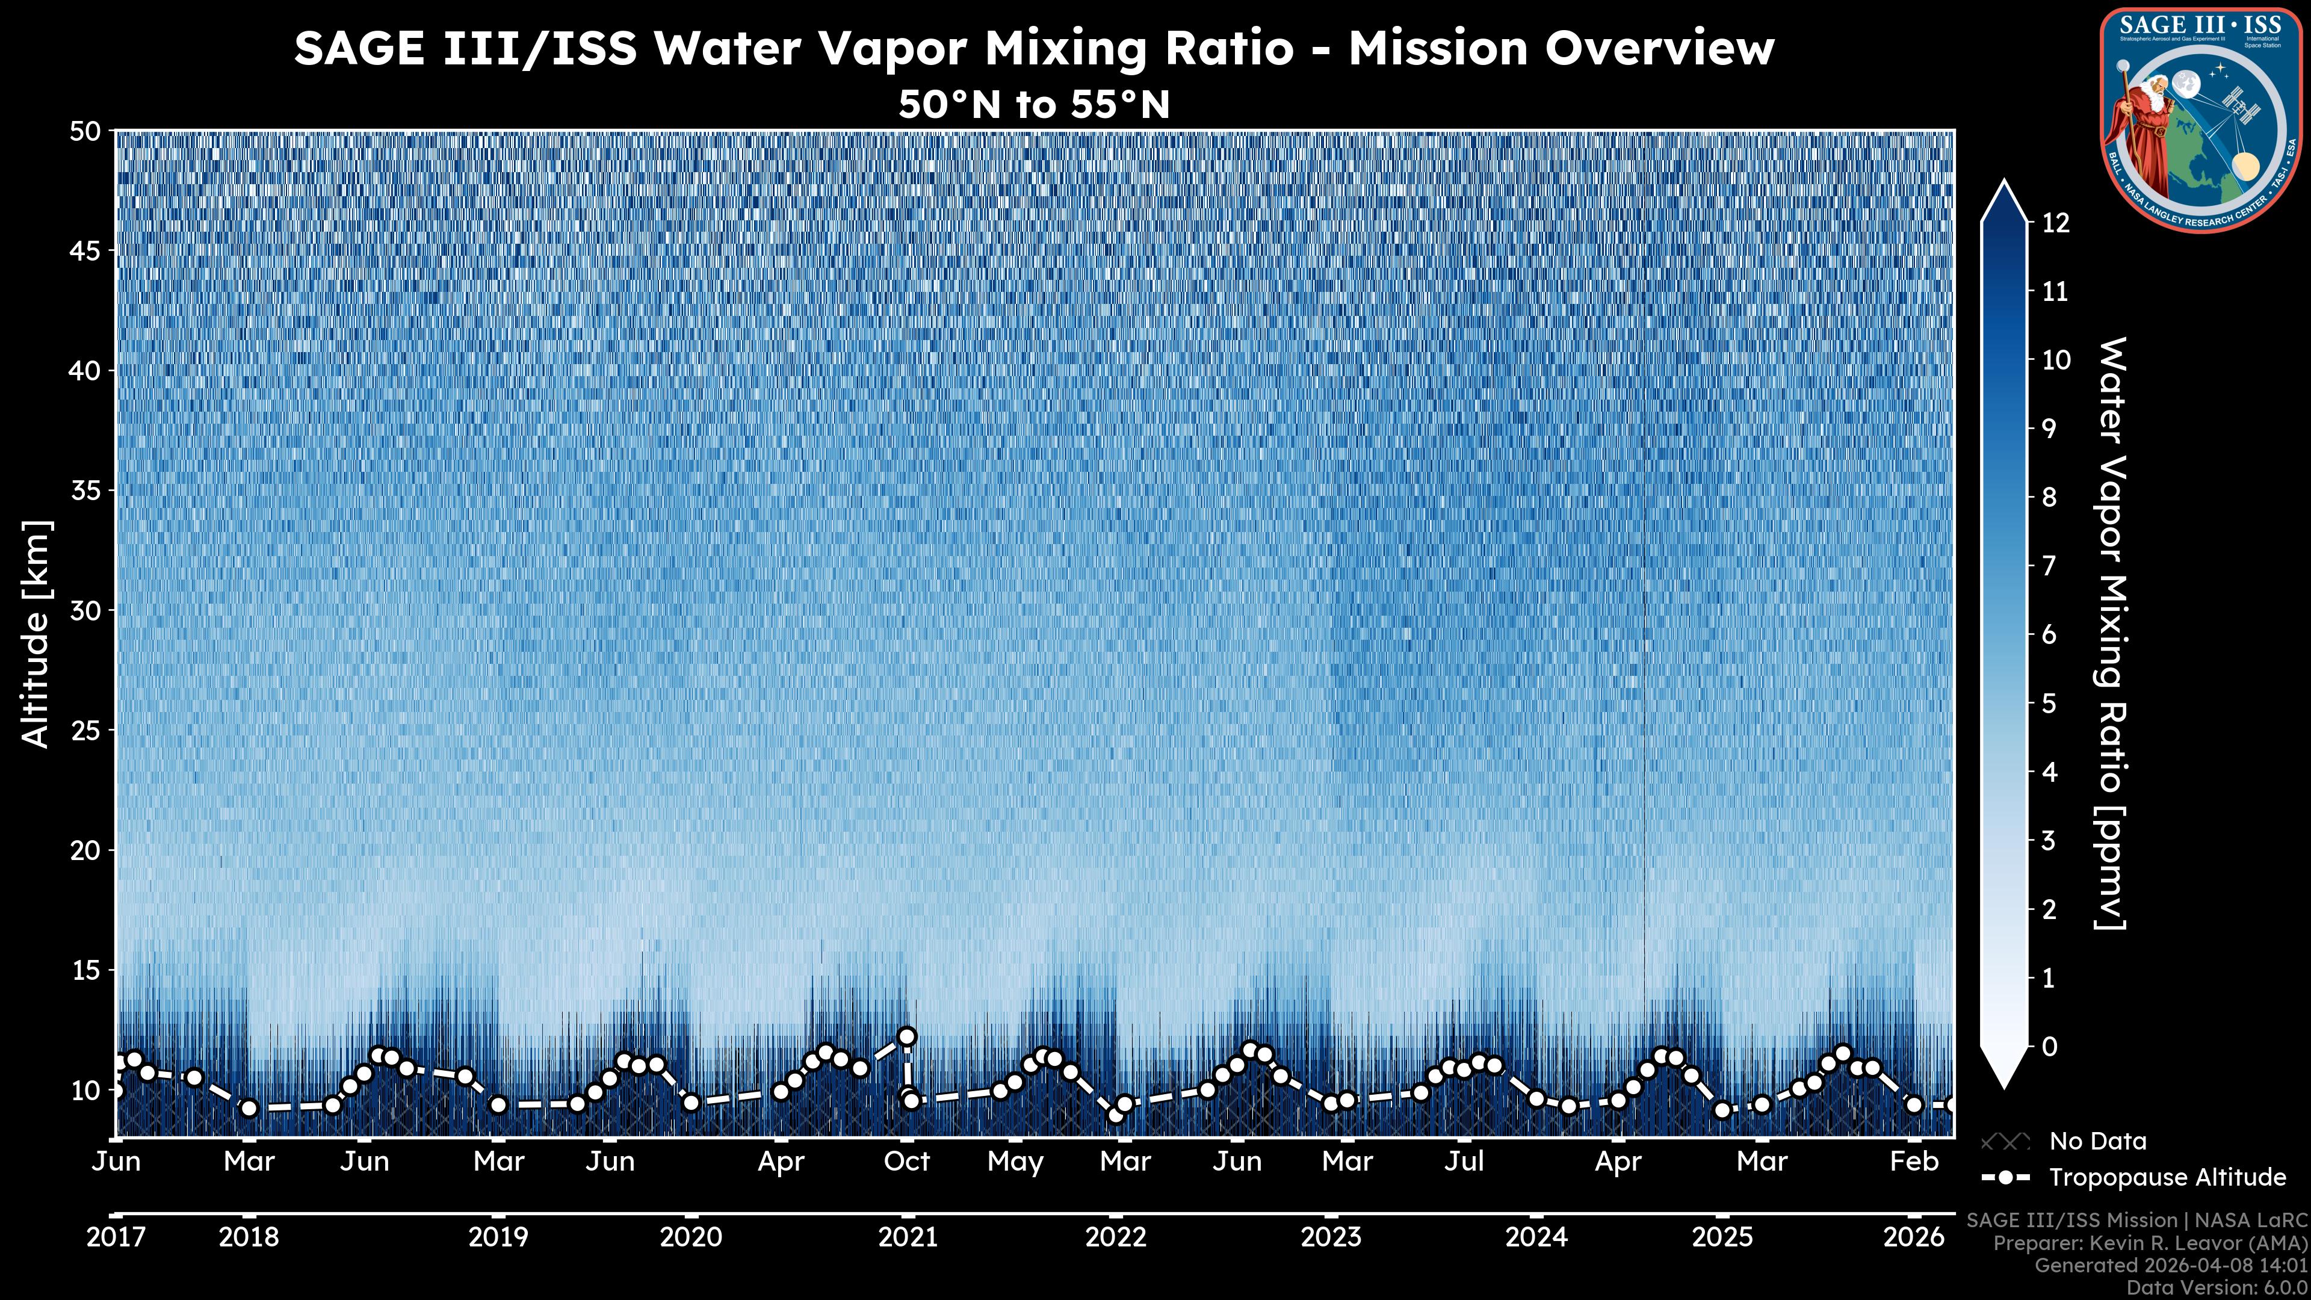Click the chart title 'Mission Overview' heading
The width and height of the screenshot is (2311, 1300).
coord(1033,48)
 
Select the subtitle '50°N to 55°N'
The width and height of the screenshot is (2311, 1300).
coord(1033,105)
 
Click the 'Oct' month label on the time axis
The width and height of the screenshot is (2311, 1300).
coord(906,1162)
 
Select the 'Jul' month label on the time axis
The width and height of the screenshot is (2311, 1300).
coord(1464,1162)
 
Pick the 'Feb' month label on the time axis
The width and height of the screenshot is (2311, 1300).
coord(1914,1162)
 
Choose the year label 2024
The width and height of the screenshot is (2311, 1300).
coord(1536,1237)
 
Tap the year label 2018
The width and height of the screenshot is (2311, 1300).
coord(249,1237)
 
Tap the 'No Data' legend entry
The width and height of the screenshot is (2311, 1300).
coord(2097,1141)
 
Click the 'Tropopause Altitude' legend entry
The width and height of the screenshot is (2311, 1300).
coord(2167,1177)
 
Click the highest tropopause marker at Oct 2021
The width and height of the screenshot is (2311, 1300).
coord(907,1036)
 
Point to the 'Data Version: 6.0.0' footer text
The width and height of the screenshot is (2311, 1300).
coord(2218,1287)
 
